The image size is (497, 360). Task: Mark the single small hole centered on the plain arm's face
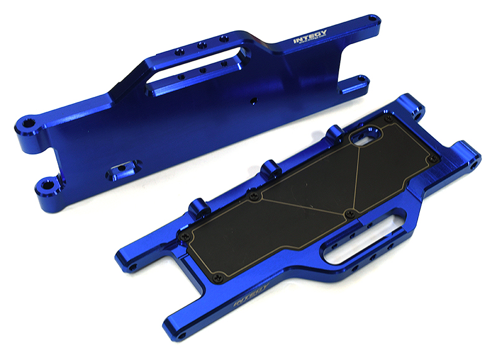253,100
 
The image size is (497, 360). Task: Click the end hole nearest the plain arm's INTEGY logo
372,20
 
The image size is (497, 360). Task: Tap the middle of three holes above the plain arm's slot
201,45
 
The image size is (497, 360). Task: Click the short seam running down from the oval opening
355,179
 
